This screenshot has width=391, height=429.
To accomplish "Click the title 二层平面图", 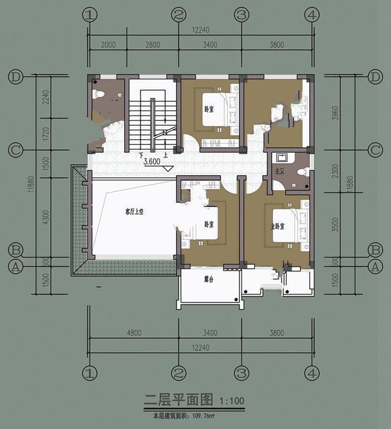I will click(x=178, y=400).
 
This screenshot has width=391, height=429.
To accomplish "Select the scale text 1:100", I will click(x=232, y=402).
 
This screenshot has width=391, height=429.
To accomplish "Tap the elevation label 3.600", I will click(x=153, y=163).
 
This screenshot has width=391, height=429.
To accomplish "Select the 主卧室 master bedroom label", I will click(x=279, y=225).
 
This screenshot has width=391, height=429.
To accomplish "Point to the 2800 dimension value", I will click(x=153, y=46).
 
